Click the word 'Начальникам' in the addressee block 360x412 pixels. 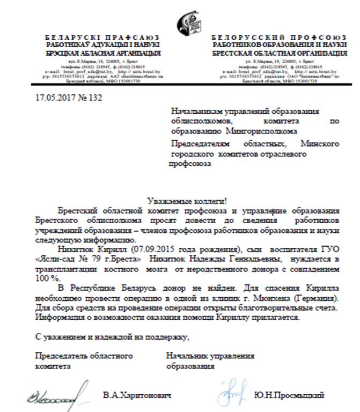click(x=195, y=111)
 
